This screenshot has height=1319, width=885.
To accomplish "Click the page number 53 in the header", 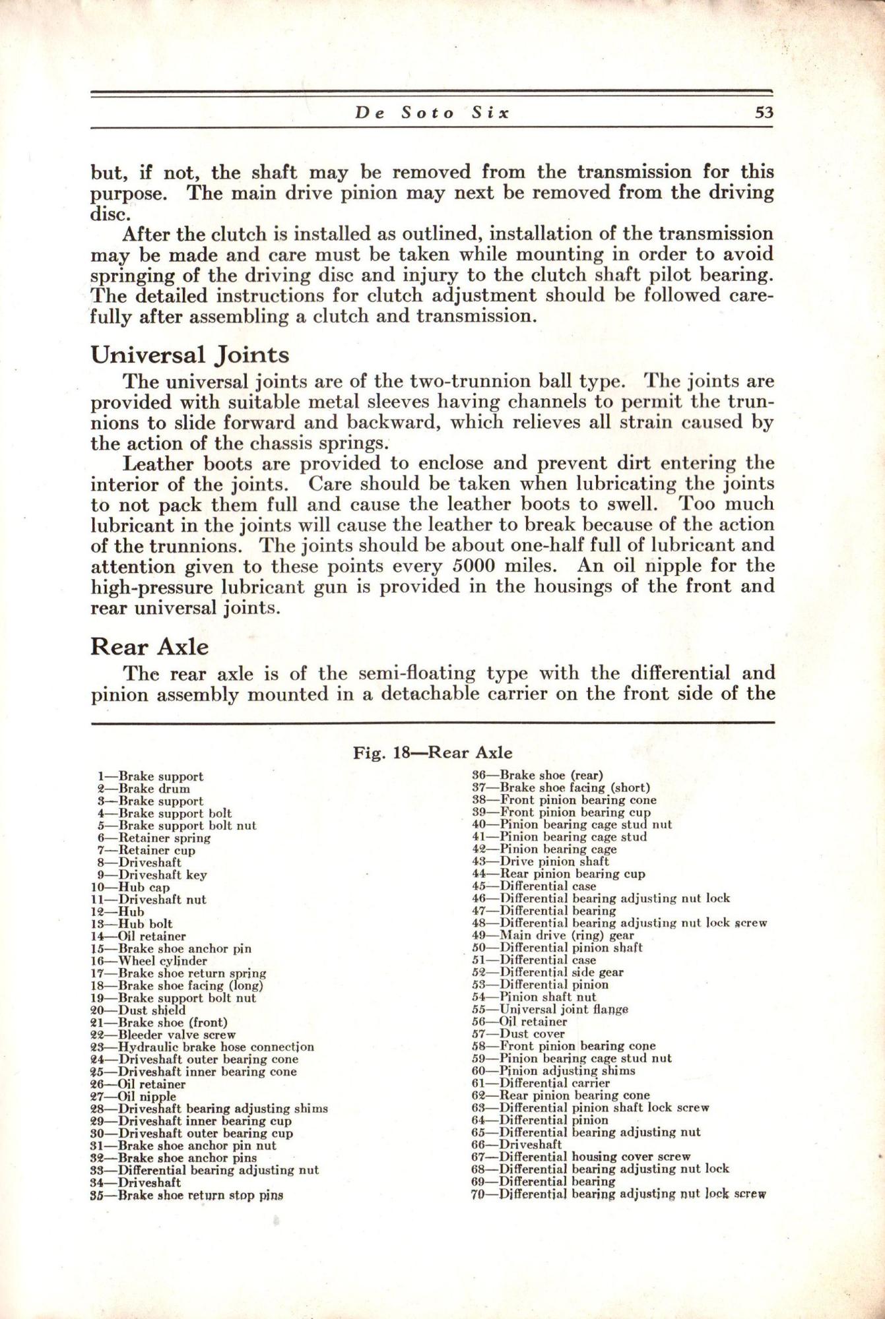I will point(764,113).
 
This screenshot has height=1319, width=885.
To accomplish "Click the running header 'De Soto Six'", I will point(433,113).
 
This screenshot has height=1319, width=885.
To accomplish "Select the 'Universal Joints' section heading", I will point(189,355).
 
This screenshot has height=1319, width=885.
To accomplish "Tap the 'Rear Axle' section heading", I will point(149,647).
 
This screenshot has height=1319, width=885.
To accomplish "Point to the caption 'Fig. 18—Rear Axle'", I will point(432,752).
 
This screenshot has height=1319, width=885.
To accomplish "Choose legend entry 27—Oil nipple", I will point(133,1097).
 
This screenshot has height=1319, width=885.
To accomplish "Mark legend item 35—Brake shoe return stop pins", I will point(186,1195).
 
